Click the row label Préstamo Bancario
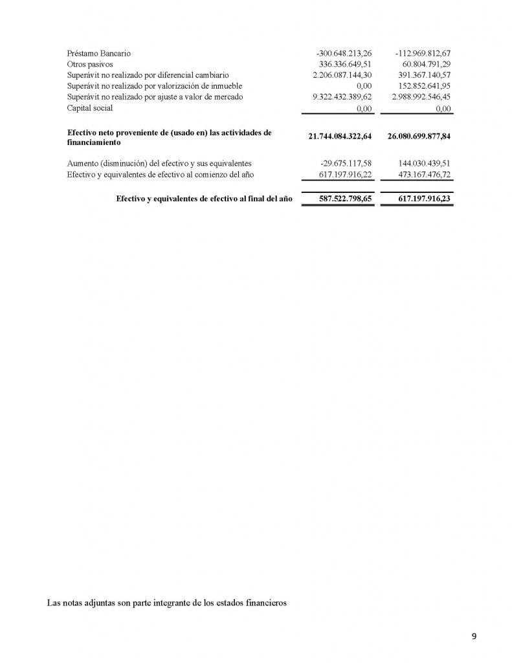(x=98, y=53)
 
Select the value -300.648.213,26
(x=344, y=53)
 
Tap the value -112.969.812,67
(x=422, y=53)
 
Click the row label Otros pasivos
(x=91, y=64)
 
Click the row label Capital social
(x=90, y=108)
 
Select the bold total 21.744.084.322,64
(x=337, y=137)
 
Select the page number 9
(x=474, y=636)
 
